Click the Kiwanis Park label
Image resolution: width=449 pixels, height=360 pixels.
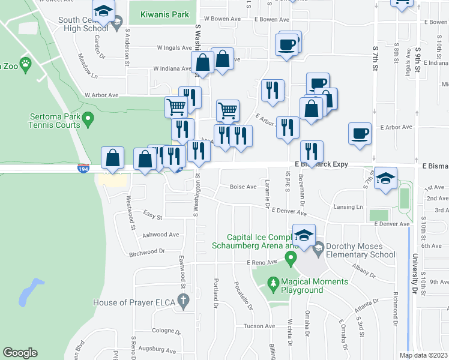tap(164, 14)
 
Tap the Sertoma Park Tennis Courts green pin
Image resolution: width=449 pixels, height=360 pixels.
tap(88, 121)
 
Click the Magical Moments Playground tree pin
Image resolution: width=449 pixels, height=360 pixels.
tap(273, 282)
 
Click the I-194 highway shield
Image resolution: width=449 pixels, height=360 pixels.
tap(83, 170)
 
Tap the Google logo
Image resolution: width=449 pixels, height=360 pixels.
tap(20, 353)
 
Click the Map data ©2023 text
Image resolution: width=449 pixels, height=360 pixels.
tap(423, 355)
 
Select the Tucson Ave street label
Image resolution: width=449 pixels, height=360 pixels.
tap(259, 326)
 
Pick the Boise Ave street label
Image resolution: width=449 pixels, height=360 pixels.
tap(243, 187)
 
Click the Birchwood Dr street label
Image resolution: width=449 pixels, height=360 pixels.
tap(147, 253)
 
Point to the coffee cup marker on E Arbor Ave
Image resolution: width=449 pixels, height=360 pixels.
tap(360, 133)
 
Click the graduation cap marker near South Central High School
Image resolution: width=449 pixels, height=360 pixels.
tap(103, 12)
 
